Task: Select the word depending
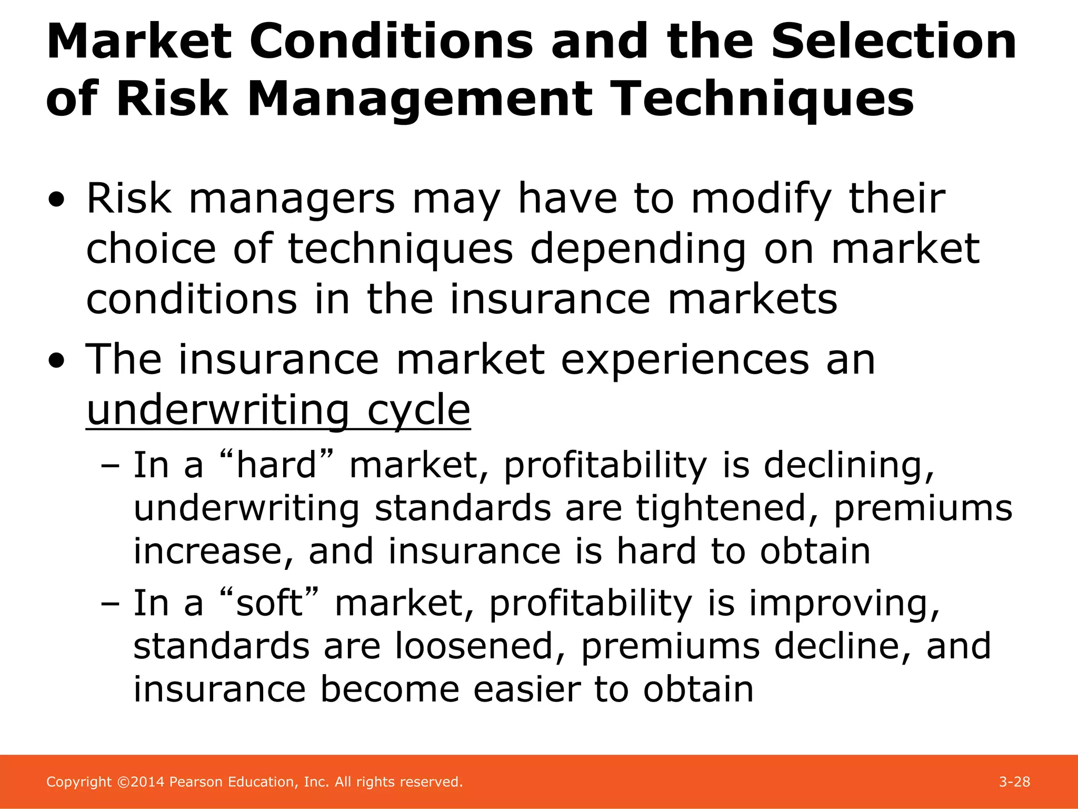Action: click(637, 249)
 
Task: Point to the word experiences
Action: click(685, 360)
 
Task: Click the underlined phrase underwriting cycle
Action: click(278, 410)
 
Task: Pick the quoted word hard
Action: click(276, 465)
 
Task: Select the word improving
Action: click(844, 604)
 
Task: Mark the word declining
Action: click(849, 466)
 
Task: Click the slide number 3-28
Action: click(1014, 782)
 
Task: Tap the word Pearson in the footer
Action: click(196, 782)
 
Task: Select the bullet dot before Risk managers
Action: click(57, 201)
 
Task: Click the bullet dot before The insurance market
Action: click(57, 361)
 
